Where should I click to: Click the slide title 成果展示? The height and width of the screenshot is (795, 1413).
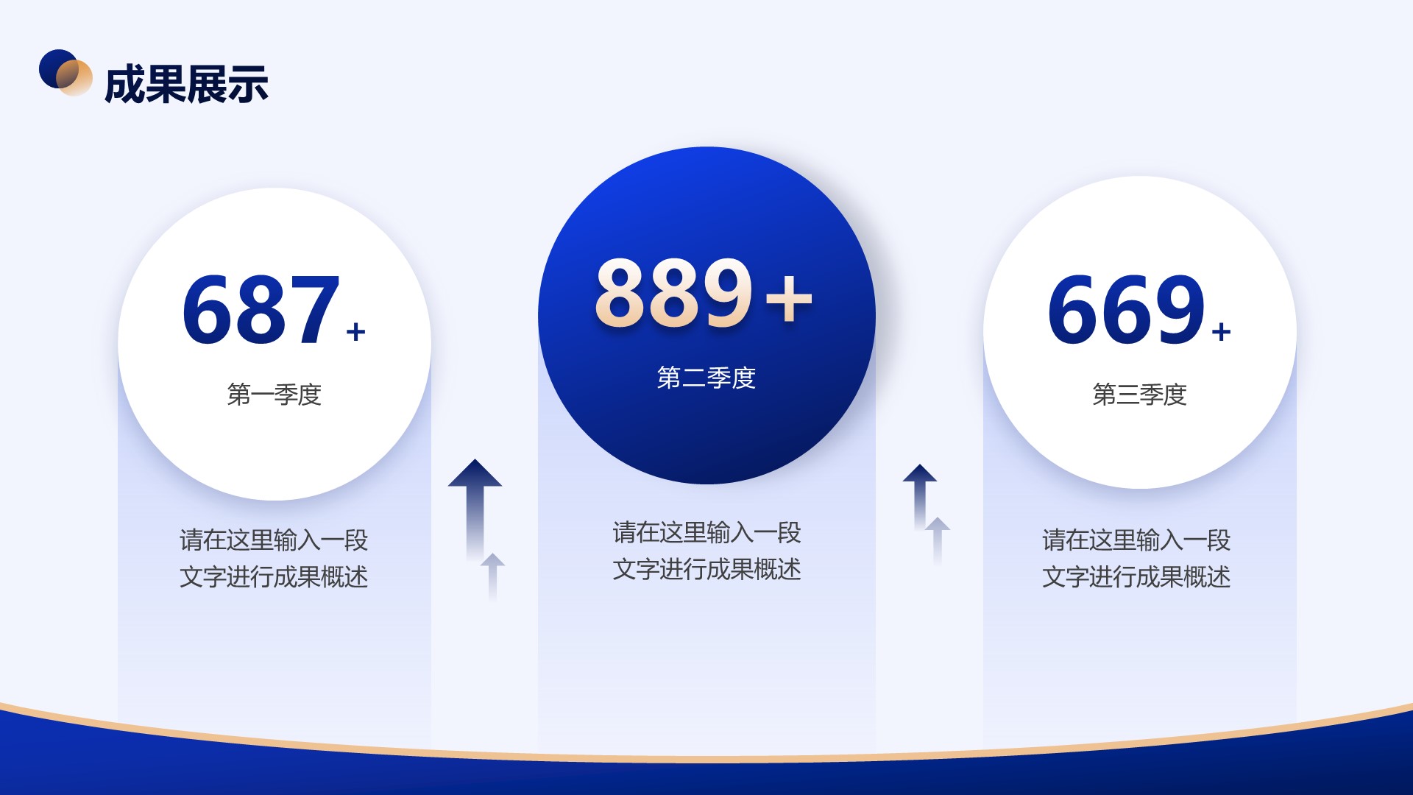[x=186, y=84]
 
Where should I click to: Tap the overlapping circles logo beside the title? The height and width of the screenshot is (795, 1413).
[x=65, y=72]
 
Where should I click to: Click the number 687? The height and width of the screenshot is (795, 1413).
[x=261, y=309]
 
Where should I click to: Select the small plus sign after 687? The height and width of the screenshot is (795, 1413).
[x=356, y=332]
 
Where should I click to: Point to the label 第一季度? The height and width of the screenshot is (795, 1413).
[x=275, y=395]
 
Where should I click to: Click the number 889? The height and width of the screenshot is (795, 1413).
[x=674, y=292]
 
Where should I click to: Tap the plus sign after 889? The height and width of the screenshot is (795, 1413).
[x=789, y=299]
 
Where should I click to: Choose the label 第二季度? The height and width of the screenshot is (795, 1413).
[x=706, y=378]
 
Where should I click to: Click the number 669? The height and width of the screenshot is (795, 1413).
[x=1127, y=309]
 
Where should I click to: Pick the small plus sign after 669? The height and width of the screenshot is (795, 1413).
[x=1222, y=332]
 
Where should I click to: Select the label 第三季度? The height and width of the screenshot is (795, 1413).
[x=1140, y=395]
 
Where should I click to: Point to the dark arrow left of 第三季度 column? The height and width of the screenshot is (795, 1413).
[x=920, y=496]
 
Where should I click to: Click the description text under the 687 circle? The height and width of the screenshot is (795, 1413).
[x=274, y=558]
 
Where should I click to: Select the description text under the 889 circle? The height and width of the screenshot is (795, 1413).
[x=706, y=551]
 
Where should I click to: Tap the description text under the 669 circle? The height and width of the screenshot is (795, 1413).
[x=1136, y=558]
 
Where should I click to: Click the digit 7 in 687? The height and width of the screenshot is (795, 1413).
[x=315, y=309]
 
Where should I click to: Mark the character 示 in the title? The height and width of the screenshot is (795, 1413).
[x=248, y=84]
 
